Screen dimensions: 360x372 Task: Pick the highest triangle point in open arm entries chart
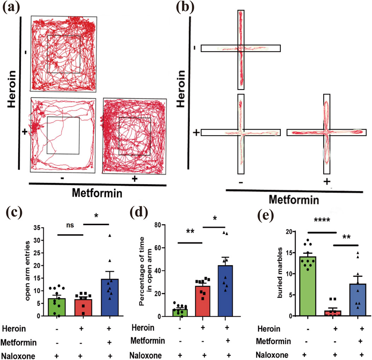click(110, 235)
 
